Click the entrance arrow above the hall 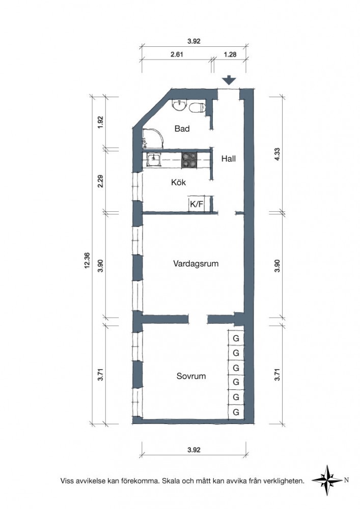pos(229,80)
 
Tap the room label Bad pos(182,129)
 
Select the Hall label pos(229,159)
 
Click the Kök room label pos(179,182)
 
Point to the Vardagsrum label pos(196,263)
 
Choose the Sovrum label pos(191,376)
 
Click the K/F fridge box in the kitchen pos(197,204)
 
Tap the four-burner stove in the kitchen pos(189,160)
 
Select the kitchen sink pos(154,160)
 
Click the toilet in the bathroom pos(198,107)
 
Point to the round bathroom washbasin pos(179,105)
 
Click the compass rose pos(328,480)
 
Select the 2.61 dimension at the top pos(177,54)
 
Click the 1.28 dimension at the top pos(230,54)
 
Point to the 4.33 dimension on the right pos(277,154)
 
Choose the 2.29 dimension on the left pos(100,181)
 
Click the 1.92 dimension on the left pos(100,122)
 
